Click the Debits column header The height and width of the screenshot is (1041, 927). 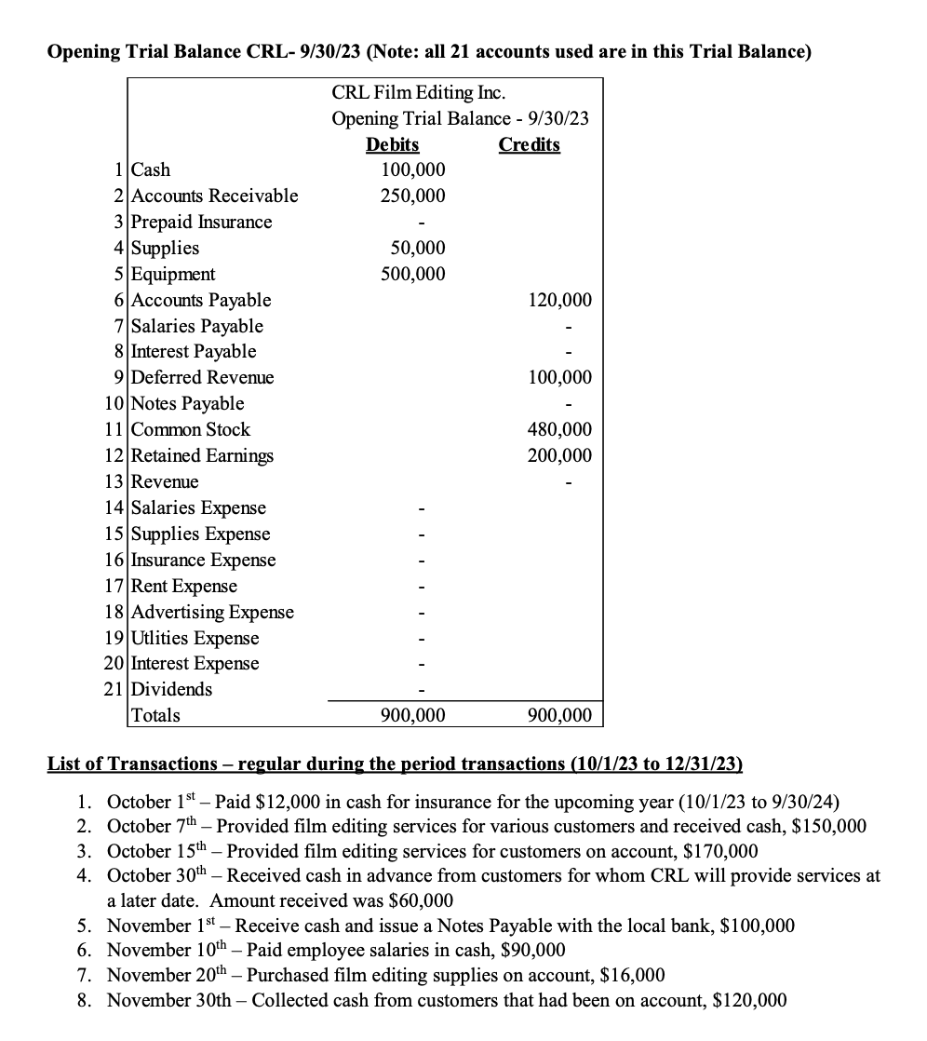click(392, 144)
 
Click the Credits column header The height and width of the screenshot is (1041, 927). click(529, 144)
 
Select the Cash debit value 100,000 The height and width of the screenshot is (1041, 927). click(413, 169)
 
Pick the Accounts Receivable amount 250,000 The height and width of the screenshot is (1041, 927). click(413, 196)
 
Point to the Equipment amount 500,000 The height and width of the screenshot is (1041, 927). click(413, 274)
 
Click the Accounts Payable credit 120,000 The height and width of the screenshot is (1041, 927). click(559, 300)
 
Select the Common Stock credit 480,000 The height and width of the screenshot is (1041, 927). click(559, 429)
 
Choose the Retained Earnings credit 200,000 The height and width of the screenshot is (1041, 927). click(559, 455)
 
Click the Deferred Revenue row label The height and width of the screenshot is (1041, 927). click(203, 377)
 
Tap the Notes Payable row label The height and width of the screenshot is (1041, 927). click(188, 403)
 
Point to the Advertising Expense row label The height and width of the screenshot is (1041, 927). click(212, 612)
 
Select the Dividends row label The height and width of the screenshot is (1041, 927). click(172, 689)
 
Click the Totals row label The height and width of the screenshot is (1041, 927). click(156, 715)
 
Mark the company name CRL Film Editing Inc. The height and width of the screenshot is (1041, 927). click(419, 93)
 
